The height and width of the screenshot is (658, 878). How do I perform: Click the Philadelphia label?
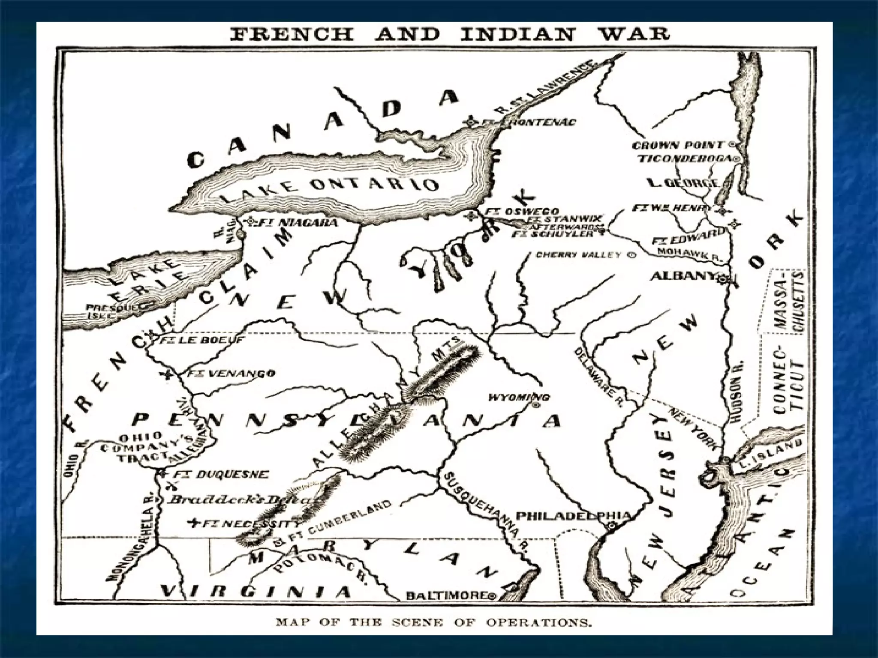(x=572, y=516)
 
